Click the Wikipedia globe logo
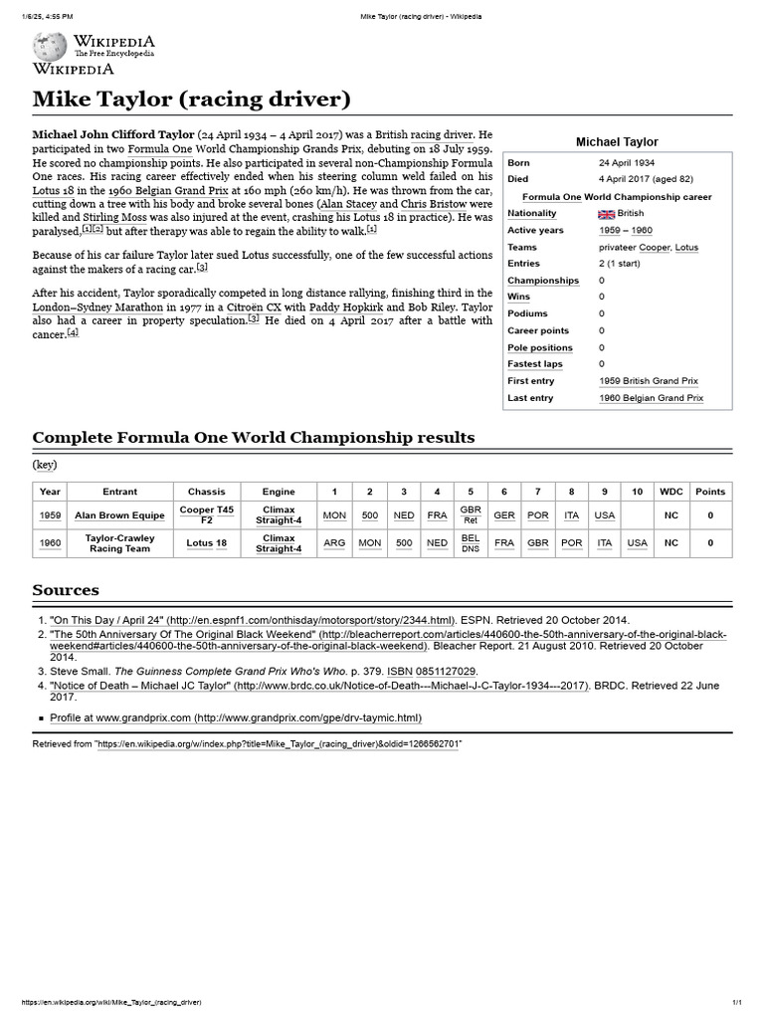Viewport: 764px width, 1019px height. pyautogui.click(x=49, y=46)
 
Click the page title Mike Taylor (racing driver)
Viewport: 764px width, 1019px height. pyautogui.click(x=191, y=100)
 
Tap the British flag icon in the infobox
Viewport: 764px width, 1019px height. pyautogui.click(x=606, y=214)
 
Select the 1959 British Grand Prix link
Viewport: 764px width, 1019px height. pyautogui.click(x=650, y=381)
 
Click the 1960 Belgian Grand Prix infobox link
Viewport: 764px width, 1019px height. pyautogui.click(x=651, y=398)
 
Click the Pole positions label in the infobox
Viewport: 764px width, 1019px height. pyautogui.click(x=540, y=347)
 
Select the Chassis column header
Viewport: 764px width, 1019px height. pyautogui.click(x=207, y=492)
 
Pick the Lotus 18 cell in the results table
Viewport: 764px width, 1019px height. pyautogui.click(x=207, y=543)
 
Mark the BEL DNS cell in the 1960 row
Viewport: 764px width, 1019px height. pyautogui.click(x=471, y=543)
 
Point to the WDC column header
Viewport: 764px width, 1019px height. pyautogui.click(x=671, y=492)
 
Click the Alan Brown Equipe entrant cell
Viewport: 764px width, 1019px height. pyautogui.click(x=120, y=515)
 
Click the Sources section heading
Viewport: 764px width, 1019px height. pyautogui.click(x=66, y=590)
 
